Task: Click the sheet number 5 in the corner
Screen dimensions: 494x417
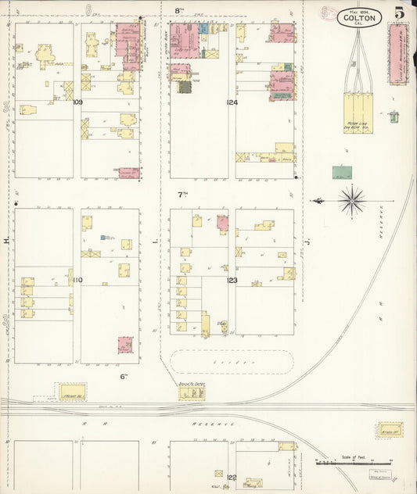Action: coord(399,12)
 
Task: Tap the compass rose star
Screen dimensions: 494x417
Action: coord(352,201)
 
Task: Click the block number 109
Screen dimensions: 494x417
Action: coord(77,102)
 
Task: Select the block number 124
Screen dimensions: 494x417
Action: coord(232,102)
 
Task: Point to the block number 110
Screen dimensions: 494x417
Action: coord(77,279)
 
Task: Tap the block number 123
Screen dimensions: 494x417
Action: coord(232,279)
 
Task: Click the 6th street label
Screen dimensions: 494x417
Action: coord(124,376)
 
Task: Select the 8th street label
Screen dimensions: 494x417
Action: coord(178,10)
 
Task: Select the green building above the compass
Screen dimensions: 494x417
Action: coord(342,171)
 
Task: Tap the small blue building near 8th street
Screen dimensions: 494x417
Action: coord(203,28)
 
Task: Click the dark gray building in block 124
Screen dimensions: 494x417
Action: coord(185,87)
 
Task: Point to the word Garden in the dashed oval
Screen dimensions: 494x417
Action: coord(232,363)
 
